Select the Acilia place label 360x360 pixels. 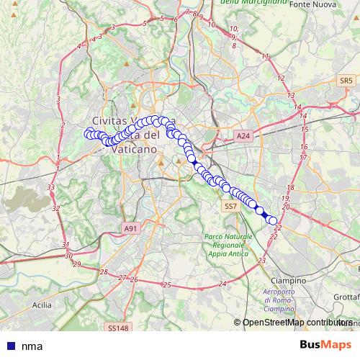42,305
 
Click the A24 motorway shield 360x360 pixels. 242,135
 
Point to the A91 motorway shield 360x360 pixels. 130,228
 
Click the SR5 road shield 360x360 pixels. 347,81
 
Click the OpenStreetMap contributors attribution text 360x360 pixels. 297,323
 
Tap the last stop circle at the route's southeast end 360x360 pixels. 273,221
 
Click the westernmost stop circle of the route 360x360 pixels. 88,133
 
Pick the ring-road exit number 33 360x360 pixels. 51,187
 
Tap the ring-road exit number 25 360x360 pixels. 167,285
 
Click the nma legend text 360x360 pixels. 32,346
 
